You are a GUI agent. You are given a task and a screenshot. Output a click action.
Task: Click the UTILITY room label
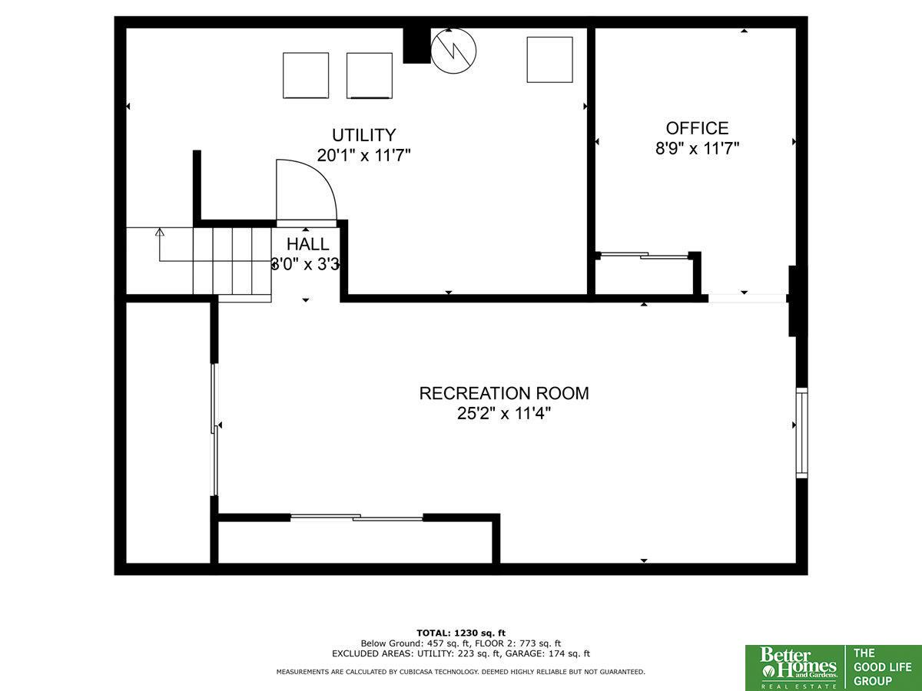tap(363, 135)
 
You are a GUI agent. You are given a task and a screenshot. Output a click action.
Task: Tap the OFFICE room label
tap(698, 128)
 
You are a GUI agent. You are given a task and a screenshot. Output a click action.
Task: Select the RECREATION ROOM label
tap(504, 393)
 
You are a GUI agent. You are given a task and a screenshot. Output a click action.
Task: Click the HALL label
tap(307, 243)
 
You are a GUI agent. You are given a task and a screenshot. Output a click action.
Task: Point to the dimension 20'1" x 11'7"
tap(363, 155)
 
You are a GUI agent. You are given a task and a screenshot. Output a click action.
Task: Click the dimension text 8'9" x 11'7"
tap(698, 148)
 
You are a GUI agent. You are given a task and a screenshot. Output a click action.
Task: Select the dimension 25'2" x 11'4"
tap(504, 413)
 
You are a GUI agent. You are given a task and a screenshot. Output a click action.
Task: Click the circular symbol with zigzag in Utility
tap(453, 51)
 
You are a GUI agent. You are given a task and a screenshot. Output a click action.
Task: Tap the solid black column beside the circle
tap(416, 46)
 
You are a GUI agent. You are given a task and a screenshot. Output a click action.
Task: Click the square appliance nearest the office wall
tap(550, 60)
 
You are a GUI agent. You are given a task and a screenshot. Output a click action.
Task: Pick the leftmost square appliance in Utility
tap(306, 75)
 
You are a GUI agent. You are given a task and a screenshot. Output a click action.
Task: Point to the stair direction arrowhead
tap(159, 232)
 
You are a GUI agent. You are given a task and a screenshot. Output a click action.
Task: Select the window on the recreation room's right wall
tap(802, 432)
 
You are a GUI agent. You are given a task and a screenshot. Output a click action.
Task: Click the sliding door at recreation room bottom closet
tap(357, 517)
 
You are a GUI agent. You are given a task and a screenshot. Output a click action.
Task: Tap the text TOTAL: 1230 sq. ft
tap(461, 633)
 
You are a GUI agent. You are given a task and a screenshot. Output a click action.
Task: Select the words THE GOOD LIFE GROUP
tap(882, 667)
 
